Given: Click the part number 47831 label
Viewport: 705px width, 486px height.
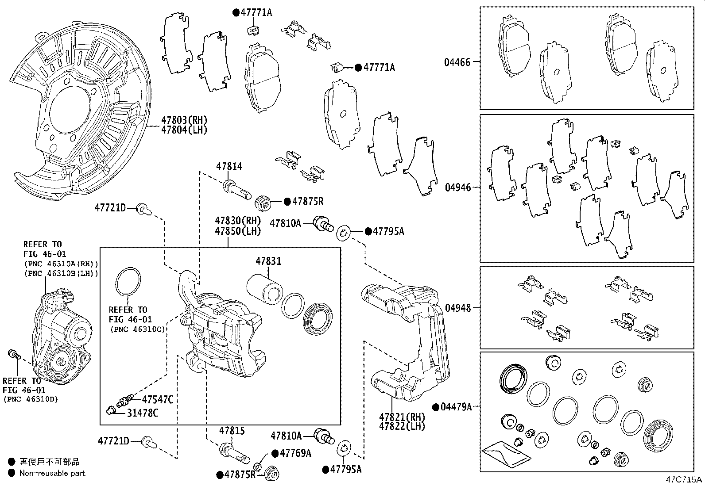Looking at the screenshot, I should (x=268, y=261).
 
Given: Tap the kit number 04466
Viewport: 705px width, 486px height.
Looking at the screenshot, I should (x=457, y=62).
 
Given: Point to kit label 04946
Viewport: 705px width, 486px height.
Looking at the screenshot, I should (x=457, y=188).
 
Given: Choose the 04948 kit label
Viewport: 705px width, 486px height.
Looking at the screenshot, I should (x=457, y=307).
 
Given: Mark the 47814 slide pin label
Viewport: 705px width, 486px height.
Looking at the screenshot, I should (x=229, y=167).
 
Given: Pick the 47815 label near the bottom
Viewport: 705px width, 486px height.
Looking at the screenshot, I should (x=232, y=431).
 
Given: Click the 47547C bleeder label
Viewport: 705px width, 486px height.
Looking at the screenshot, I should (x=157, y=400).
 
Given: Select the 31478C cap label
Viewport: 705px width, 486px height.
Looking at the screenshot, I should (x=143, y=413).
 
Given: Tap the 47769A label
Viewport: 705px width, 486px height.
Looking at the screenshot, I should (x=295, y=453).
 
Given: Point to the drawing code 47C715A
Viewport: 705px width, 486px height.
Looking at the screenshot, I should (x=684, y=479).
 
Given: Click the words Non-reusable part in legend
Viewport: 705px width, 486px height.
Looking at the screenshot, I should (x=52, y=473).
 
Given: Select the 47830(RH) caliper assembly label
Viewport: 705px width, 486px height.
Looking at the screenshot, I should (x=238, y=220).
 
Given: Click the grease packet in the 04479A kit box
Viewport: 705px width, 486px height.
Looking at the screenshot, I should (x=505, y=455).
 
